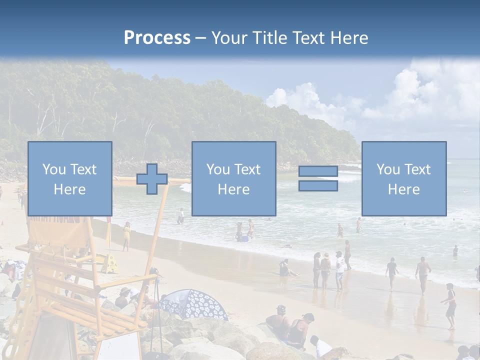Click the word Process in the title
tap(157, 38)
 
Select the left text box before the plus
tap(69, 178)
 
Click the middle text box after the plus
tap(233, 178)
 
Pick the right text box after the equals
tap(403, 178)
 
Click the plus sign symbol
tap(152, 178)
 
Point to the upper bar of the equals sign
tap(318, 171)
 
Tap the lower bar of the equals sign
tap(318, 186)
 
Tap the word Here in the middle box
tap(233, 189)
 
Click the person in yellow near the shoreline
tap(126, 235)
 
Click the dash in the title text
tap(201, 38)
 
